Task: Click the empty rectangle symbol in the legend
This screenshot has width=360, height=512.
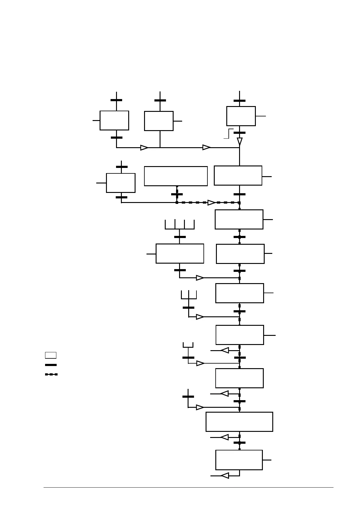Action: pos(51,355)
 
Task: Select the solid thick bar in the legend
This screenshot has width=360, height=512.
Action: pos(51,365)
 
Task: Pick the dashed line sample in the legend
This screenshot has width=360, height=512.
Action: pos(51,374)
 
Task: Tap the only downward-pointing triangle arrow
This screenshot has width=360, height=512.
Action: pos(240,141)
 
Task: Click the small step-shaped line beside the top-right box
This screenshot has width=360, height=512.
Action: pos(229,133)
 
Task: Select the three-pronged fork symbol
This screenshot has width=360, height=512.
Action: pos(189,295)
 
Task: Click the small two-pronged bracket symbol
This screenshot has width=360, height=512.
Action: pos(188,345)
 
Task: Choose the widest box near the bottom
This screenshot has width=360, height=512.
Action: pos(239,422)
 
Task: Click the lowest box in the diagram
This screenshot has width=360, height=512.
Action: pos(239,460)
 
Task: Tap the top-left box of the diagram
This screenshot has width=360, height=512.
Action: pos(114,120)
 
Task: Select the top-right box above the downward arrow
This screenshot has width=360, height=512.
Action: pos(241,116)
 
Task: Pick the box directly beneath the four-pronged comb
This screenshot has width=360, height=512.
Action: pos(180,254)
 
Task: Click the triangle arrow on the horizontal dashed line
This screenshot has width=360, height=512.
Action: pos(211,203)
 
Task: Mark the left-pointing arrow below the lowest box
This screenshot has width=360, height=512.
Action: pos(225,476)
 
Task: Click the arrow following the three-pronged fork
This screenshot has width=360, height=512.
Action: pos(200,317)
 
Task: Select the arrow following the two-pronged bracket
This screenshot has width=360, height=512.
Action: pos(200,363)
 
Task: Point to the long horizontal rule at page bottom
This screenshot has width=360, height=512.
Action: pos(188,487)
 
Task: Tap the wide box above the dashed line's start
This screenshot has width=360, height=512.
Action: pos(176,176)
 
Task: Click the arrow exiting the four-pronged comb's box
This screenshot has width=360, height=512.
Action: pos(200,278)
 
